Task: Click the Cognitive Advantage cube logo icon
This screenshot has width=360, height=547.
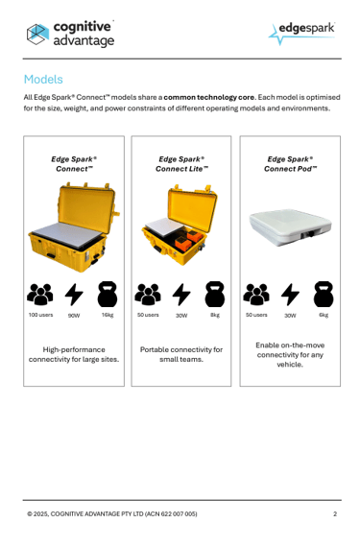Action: pyautogui.click(x=37, y=35)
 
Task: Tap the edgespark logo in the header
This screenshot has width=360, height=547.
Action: pyautogui.click(x=301, y=34)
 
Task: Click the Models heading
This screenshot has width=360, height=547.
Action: pyautogui.click(x=43, y=80)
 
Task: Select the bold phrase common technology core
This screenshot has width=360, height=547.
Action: pyautogui.click(x=209, y=97)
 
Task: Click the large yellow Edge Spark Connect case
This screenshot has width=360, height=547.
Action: pyautogui.click(x=74, y=226)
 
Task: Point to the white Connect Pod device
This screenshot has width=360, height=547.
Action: pyautogui.click(x=290, y=227)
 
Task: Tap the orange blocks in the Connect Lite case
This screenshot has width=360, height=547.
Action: pyautogui.click(x=188, y=239)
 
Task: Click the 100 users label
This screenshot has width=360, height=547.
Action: pyautogui.click(x=41, y=315)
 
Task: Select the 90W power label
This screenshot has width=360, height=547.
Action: pyautogui.click(x=74, y=316)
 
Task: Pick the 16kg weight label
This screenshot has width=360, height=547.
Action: pyautogui.click(x=108, y=315)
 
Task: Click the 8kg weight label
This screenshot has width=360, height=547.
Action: pyautogui.click(x=215, y=315)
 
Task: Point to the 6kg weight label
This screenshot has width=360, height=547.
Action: pyautogui.click(x=324, y=315)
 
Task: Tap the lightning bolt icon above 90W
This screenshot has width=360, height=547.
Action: pyautogui.click(x=74, y=295)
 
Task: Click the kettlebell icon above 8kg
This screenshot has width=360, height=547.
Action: pyautogui.click(x=215, y=294)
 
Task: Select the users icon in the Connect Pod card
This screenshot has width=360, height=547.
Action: pyautogui.click(x=256, y=295)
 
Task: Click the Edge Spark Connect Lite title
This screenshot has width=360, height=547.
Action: pyautogui.click(x=181, y=164)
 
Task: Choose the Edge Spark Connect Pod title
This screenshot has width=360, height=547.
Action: pyautogui.click(x=290, y=164)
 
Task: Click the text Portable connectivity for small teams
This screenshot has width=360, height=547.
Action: pyautogui.click(x=181, y=354)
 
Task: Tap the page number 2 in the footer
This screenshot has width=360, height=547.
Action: pyautogui.click(x=335, y=513)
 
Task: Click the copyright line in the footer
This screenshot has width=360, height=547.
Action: pyautogui.click(x=112, y=513)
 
